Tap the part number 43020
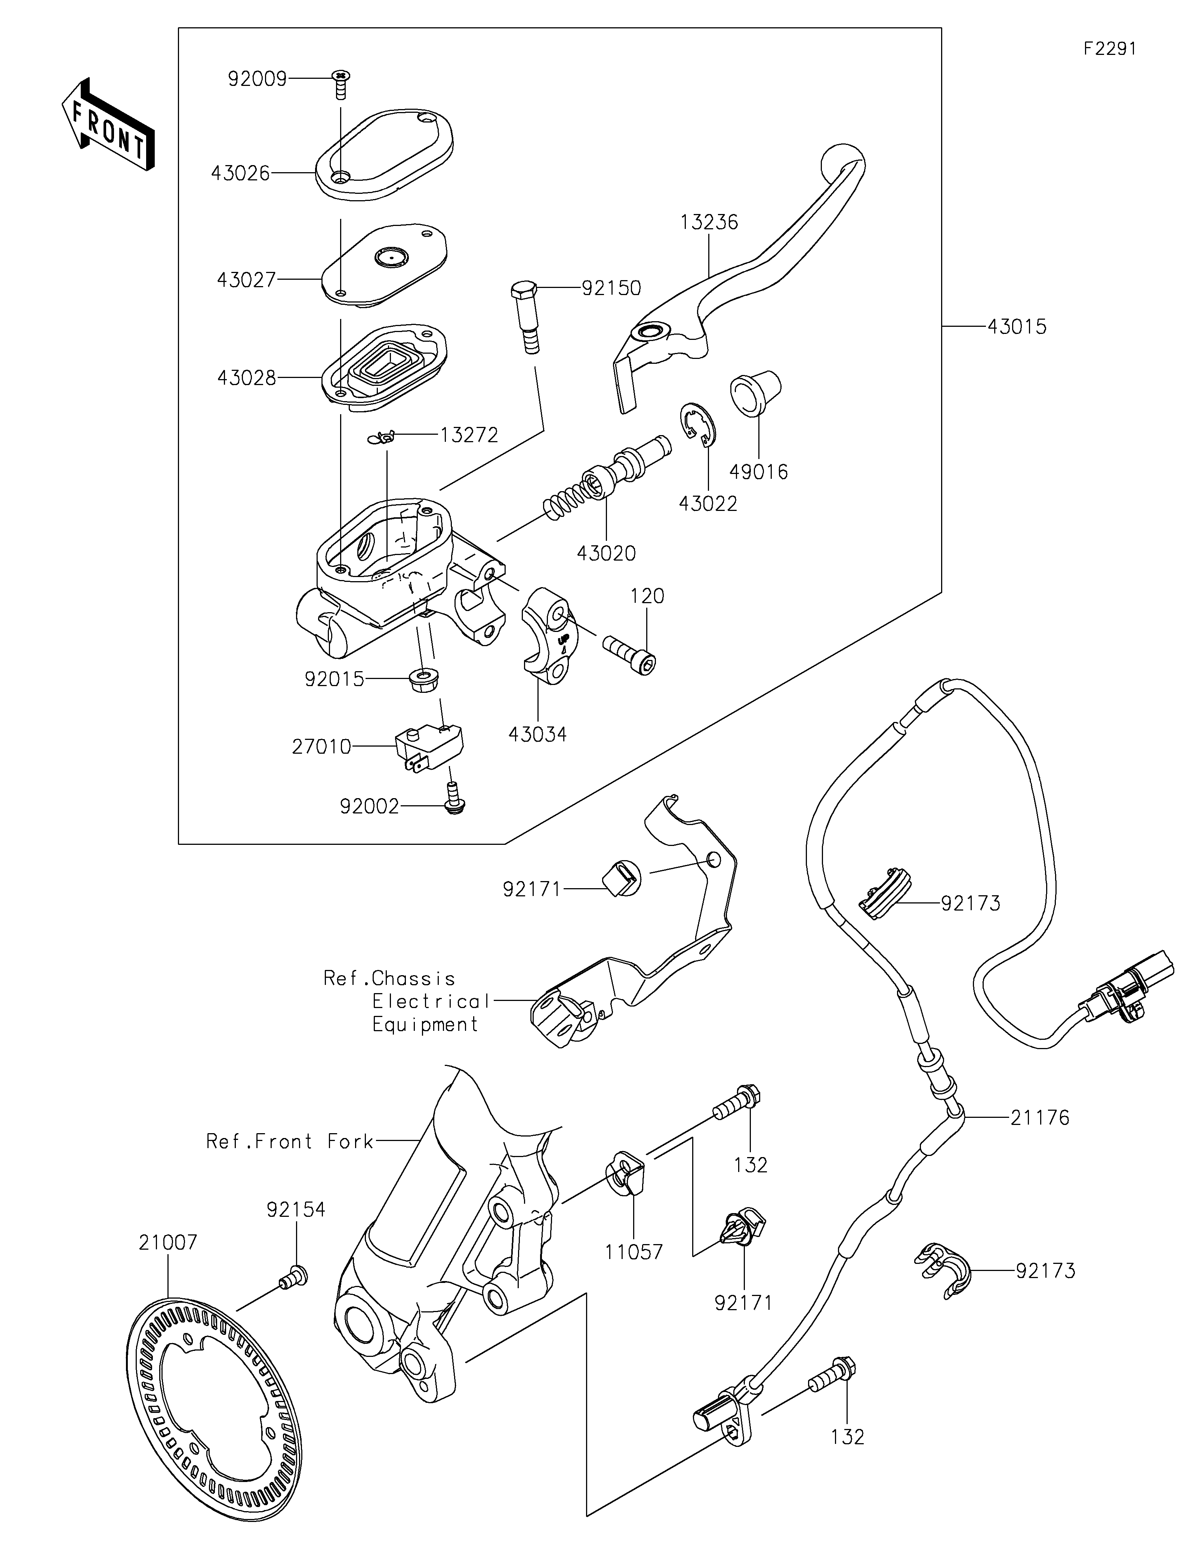(x=606, y=553)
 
